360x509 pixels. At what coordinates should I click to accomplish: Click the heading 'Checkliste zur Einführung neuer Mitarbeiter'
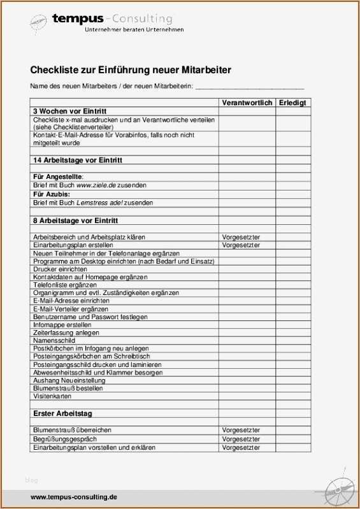pos(131,70)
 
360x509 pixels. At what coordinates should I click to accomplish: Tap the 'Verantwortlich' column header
pos(247,103)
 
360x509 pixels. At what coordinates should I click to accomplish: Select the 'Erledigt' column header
pos(292,103)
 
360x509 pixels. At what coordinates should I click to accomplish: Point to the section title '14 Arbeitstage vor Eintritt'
pos(77,160)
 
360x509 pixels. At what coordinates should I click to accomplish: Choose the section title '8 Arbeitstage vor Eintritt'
pos(75,220)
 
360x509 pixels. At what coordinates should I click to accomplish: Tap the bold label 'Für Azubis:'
pos(52,194)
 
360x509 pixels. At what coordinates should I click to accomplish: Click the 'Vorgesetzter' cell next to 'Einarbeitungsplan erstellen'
pos(241,245)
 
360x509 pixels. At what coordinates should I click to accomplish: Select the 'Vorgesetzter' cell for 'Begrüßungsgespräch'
pos(241,440)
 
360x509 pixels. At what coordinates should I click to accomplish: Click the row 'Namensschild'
pos(54,341)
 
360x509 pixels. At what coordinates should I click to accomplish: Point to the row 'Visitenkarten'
pos(52,396)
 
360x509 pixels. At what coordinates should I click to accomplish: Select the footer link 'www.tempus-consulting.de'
pos(74,497)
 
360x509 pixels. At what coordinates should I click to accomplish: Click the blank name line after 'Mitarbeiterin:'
pos(249,87)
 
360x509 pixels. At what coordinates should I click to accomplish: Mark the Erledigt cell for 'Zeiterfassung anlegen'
pos(292,333)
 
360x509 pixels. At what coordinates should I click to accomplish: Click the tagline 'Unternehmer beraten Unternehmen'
pos(134,29)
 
